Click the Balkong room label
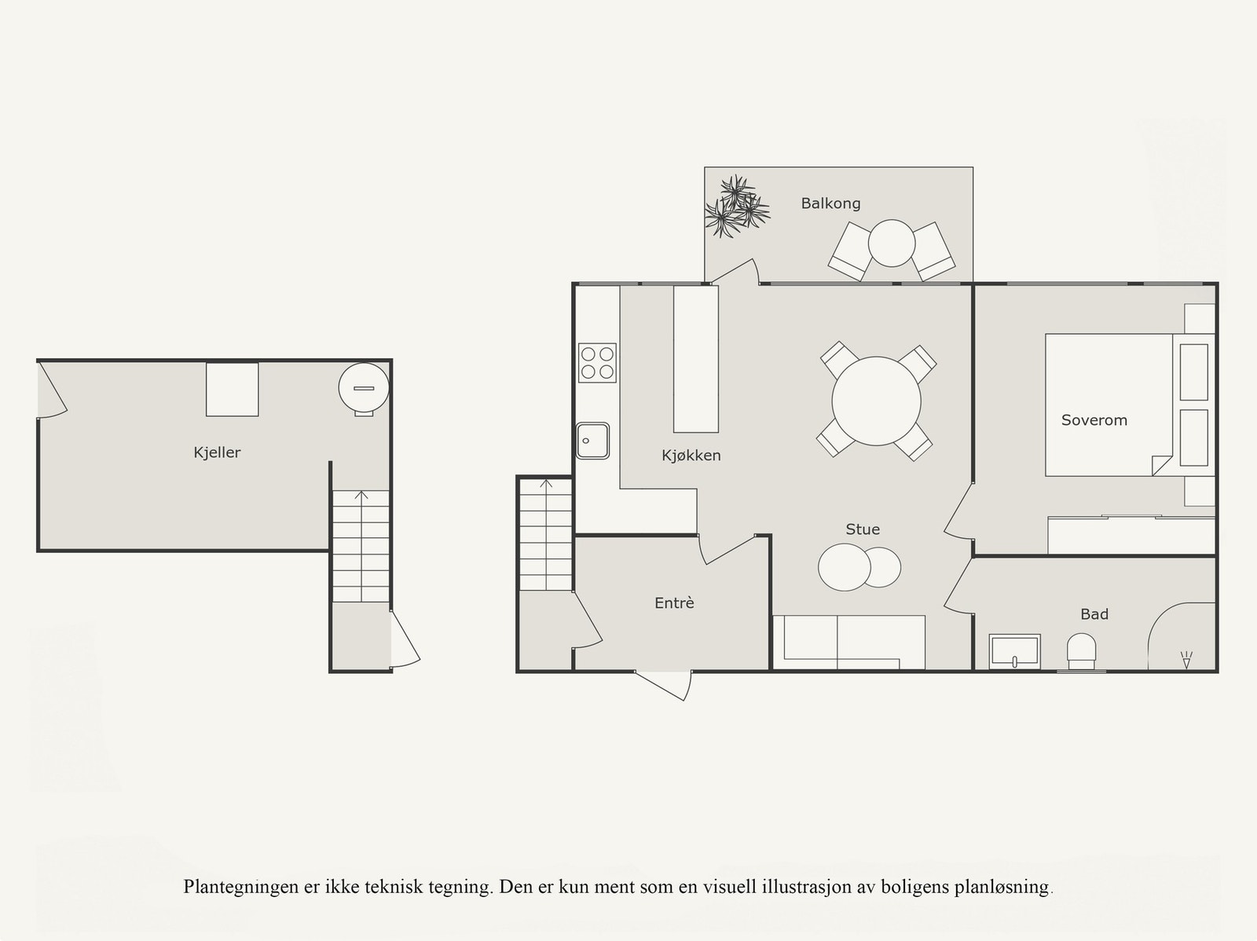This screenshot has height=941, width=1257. pyautogui.click(x=830, y=203)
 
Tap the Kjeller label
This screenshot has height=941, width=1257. pyautogui.click(x=217, y=452)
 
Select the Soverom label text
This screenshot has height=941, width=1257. pyautogui.click(x=1094, y=420)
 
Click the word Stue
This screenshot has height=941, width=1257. pyautogui.click(x=862, y=529)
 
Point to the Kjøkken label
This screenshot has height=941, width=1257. pyautogui.click(x=691, y=456)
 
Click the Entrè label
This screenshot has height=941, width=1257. pyautogui.click(x=674, y=603)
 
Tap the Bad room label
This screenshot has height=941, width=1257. pyautogui.click(x=1094, y=614)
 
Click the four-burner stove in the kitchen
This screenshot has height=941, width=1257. pyautogui.click(x=597, y=363)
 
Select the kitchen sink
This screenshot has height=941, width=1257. pyautogui.click(x=592, y=441)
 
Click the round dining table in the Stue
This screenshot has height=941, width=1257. pyautogui.click(x=876, y=401)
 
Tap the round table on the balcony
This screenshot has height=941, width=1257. pyautogui.click(x=892, y=243)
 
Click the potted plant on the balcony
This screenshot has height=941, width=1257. pyautogui.click(x=735, y=207)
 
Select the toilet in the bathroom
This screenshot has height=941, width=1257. pyautogui.click(x=1082, y=652)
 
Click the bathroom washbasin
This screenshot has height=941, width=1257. pyautogui.click(x=1014, y=651)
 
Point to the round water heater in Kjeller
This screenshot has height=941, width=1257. pyautogui.click(x=364, y=386)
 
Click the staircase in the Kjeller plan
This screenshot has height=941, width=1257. pyautogui.click(x=361, y=546)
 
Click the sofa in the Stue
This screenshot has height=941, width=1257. pyautogui.click(x=848, y=641)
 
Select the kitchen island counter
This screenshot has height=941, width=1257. pyautogui.click(x=696, y=359)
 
